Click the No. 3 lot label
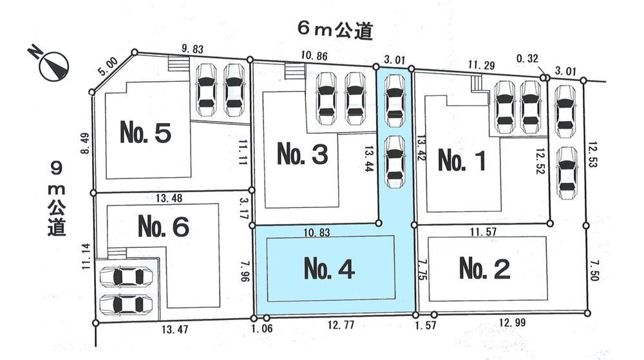coord(303,154)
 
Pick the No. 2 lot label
coord(485,269)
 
